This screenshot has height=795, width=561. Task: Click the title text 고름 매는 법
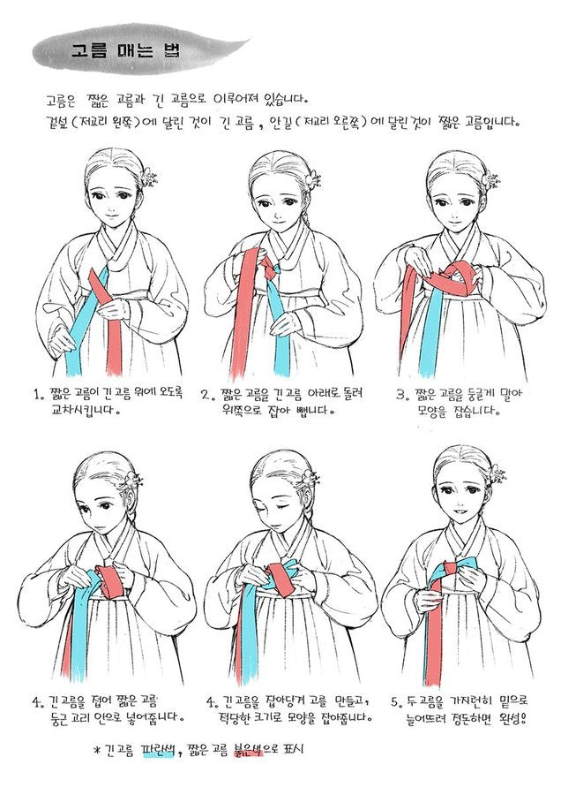[125, 52]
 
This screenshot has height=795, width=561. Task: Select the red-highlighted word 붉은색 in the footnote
[248, 749]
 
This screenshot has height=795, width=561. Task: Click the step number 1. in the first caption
[38, 394]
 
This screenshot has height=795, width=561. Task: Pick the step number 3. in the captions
[402, 394]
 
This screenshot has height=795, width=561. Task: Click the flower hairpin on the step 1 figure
[149, 177]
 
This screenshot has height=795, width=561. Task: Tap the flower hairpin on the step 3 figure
[490, 179]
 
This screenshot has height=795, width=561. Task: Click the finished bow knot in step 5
[453, 571]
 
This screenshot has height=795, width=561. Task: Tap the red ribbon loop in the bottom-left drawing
[108, 581]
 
